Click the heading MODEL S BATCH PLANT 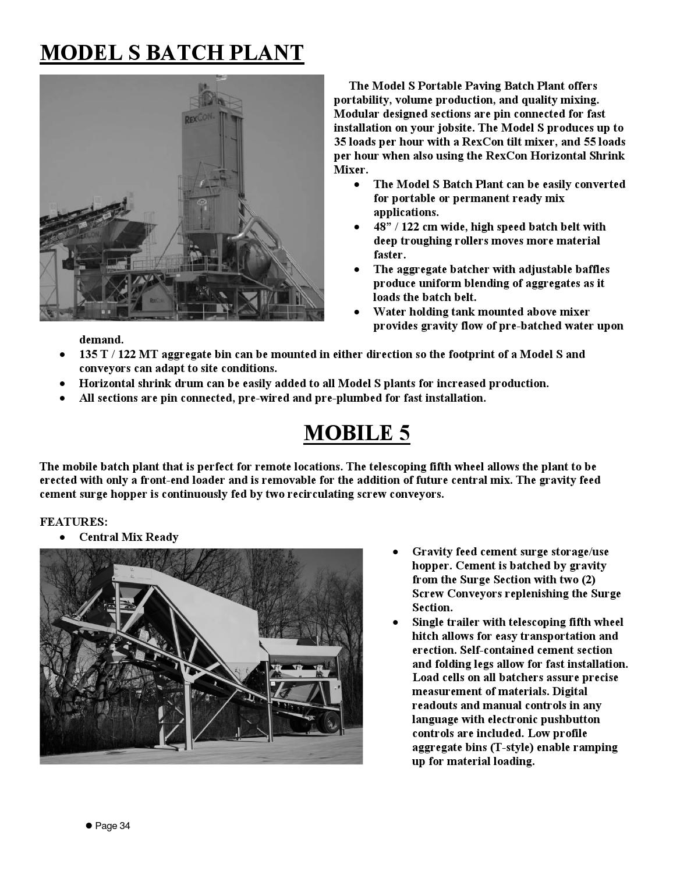172,53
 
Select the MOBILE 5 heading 356,433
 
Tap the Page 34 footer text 113,826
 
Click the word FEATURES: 73,522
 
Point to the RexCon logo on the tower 199,119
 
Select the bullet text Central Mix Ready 129,537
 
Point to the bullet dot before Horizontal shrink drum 62,384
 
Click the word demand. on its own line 101,339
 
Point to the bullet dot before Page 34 89,826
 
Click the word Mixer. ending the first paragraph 350,170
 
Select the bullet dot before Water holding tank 357,312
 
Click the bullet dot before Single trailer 396,622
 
